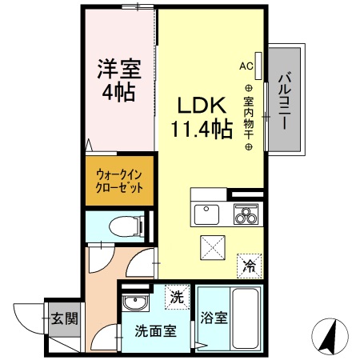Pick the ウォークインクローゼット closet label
(x=119, y=181)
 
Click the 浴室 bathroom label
(x=214, y=318)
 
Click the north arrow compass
(x=329, y=336)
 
